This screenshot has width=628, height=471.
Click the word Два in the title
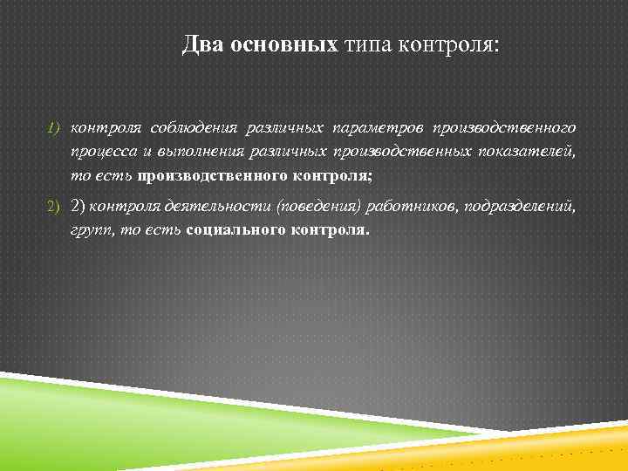203,44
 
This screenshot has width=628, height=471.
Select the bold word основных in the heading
283,44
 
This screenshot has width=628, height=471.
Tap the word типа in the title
370,44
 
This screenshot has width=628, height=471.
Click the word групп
91,232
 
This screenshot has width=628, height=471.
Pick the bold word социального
229,232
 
